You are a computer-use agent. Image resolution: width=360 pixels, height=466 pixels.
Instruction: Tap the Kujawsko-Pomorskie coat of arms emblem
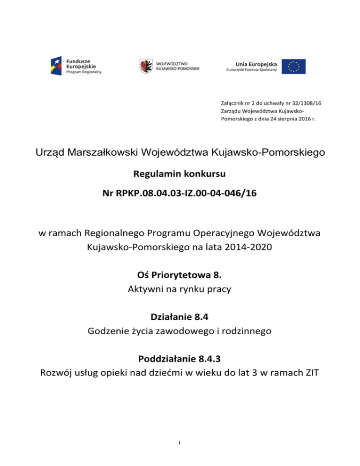click(146, 66)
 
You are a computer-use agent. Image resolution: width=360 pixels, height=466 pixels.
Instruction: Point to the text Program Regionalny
click(83, 72)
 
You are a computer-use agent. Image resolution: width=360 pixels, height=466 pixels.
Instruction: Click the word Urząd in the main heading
click(50, 153)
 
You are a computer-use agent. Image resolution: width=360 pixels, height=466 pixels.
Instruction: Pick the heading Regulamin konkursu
click(180, 174)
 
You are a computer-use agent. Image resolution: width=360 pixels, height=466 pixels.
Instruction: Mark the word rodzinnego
click(249, 331)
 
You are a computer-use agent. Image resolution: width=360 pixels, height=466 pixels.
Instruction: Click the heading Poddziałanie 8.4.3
click(180, 360)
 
